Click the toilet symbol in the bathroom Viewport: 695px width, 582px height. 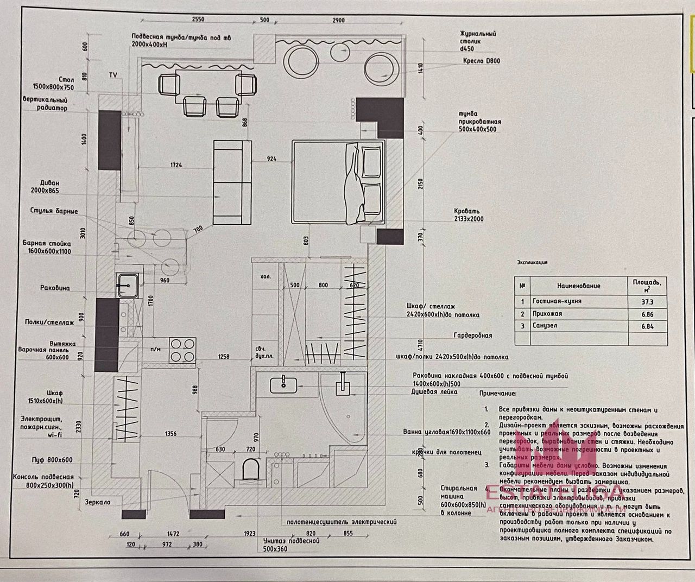250,469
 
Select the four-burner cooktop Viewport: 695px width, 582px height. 182,350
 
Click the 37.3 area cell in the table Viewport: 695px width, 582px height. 648,302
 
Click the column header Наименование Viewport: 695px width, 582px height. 578,286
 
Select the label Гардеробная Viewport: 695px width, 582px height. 473,336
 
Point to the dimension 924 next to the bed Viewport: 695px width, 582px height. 271,159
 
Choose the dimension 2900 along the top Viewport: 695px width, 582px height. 338,20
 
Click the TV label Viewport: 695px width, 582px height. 113,74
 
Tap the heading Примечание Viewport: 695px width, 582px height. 498,393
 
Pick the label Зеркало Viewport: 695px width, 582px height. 97,503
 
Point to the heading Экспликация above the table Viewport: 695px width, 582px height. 532,262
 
